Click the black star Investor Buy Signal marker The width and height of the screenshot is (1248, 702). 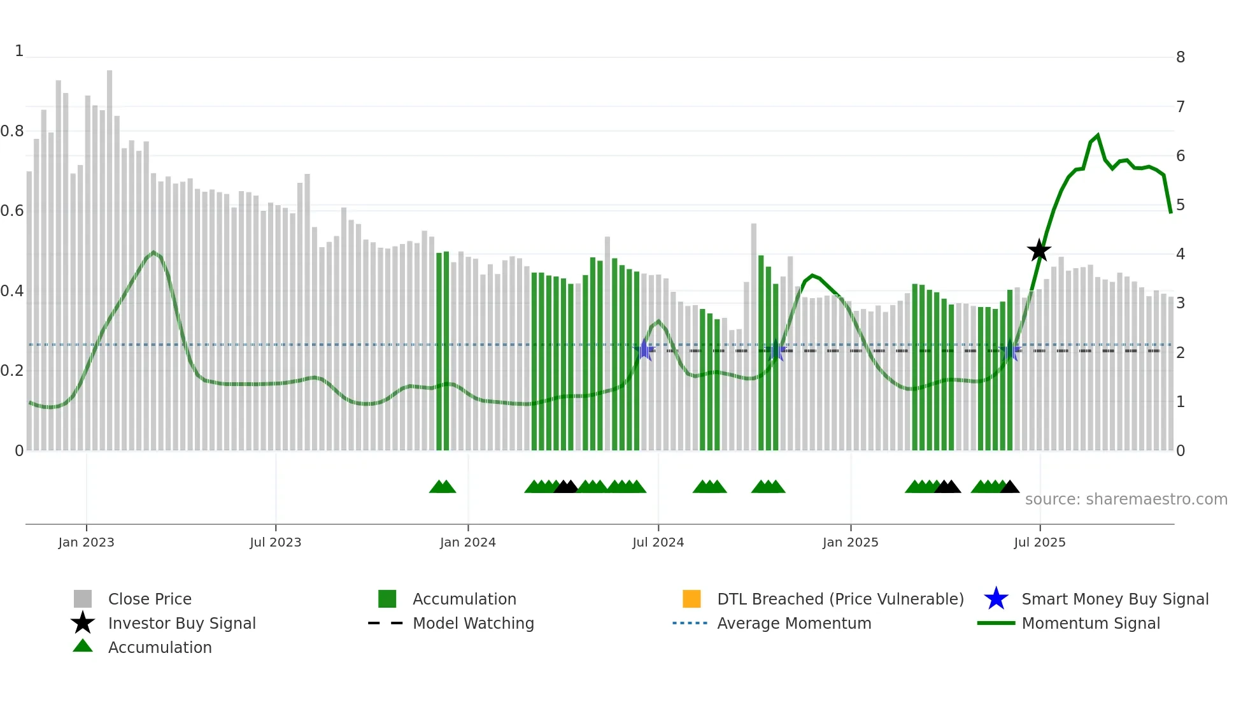pyautogui.click(x=1039, y=250)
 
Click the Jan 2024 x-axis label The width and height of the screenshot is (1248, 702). pyautogui.click(x=467, y=542)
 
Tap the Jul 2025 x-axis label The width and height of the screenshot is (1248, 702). pyautogui.click(x=1039, y=542)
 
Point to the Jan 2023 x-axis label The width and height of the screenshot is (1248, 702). pyautogui.click(x=86, y=542)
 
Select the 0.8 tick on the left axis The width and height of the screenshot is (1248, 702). pyautogui.click(x=12, y=131)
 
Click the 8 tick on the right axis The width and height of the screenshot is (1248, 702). pyautogui.click(x=1180, y=57)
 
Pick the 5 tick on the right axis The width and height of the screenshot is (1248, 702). pyautogui.click(x=1180, y=205)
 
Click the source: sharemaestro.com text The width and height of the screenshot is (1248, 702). pyautogui.click(x=1126, y=499)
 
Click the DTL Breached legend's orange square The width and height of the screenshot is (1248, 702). pyautogui.click(x=691, y=599)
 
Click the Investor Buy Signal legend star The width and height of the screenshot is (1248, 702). pyautogui.click(x=83, y=623)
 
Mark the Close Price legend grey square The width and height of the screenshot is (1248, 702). pyautogui.click(x=83, y=599)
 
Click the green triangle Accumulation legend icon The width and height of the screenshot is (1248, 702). pyautogui.click(x=83, y=646)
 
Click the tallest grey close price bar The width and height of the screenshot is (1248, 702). pyautogui.click(x=110, y=255)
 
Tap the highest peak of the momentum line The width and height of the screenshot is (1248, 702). pyautogui.click(x=1098, y=135)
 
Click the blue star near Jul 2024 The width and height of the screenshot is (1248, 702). pyautogui.click(x=644, y=350)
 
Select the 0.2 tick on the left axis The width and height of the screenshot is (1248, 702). pyautogui.click(x=12, y=371)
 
